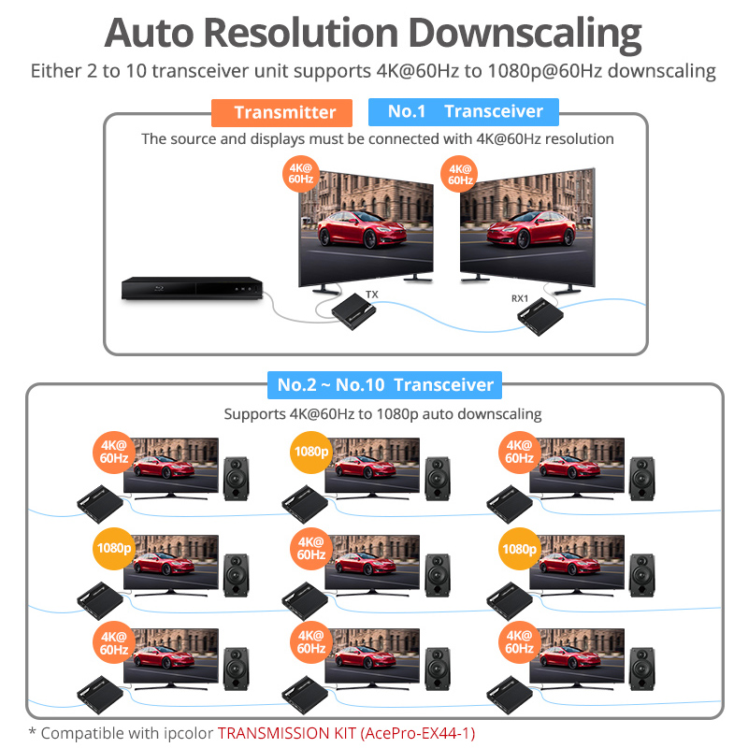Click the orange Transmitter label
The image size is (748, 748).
tap(282, 112)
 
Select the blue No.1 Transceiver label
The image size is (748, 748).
tap(465, 111)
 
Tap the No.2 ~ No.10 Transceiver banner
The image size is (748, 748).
tap(384, 384)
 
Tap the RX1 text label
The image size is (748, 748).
tap(520, 298)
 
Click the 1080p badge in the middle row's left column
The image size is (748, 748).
tap(114, 548)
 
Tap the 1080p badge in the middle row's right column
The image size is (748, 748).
tap(519, 548)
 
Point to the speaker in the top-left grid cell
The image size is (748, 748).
tap(236, 478)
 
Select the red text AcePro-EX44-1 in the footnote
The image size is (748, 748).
tap(419, 732)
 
